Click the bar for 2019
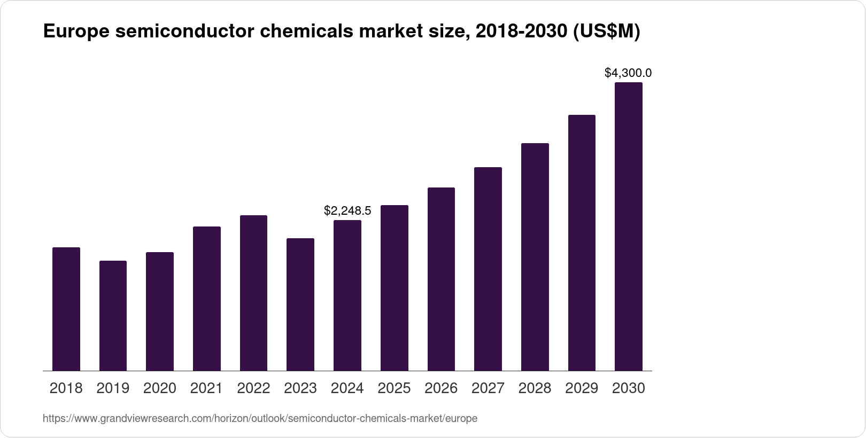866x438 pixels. [x=113, y=316]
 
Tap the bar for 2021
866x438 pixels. [x=207, y=299]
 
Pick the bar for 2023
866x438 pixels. [x=300, y=304]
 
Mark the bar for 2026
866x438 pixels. [x=441, y=279]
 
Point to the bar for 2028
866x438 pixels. [x=535, y=257]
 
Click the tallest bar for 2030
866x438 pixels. [x=629, y=226]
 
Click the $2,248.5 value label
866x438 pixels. [x=347, y=211]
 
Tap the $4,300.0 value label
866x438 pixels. [x=628, y=73]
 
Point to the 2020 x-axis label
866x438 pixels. [x=160, y=388]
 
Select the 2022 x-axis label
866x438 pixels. [x=253, y=388]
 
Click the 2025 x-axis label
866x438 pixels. [x=394, y=388]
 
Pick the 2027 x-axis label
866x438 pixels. [x=488, y=388]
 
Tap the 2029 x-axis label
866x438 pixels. [x=582, y=388]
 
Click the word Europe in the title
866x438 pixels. [x=76, y=32]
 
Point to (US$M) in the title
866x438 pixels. [x=606, y=32]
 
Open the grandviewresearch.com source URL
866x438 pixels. [x=260, y=419]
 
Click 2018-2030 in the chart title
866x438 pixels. [x=521, y=32]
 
